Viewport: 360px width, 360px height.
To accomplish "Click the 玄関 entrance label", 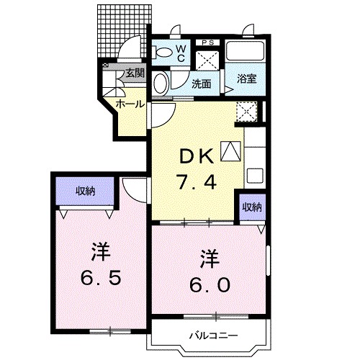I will [x=134, y=73].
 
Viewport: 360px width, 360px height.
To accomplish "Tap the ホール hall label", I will [x=130, y=104].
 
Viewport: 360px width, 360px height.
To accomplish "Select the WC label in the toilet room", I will [x=181, y=53].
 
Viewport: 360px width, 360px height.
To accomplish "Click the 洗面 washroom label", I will [x=201, y=84].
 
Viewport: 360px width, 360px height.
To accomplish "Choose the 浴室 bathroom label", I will [x=247, y=79].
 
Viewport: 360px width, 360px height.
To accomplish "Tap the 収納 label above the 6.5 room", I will [x=86, y=191].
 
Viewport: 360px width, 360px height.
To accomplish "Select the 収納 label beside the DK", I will [x=251, y=207].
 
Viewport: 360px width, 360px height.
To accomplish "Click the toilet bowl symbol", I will [x=163, y=51].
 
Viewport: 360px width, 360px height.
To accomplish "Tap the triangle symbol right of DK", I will [x=229, y=150].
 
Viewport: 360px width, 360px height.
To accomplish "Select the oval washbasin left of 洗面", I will [x=162, y=83].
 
